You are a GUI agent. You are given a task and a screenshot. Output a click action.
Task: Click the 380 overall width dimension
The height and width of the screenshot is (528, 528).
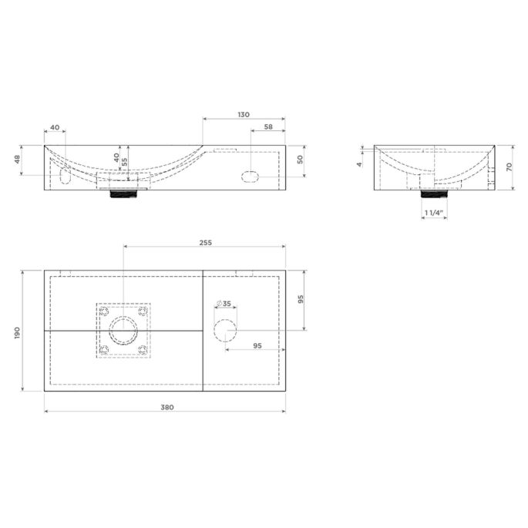pyautogui.click(x=167, y=408)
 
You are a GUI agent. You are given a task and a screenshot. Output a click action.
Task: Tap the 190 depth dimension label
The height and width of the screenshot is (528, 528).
pyautogui.click(x=18, y=333)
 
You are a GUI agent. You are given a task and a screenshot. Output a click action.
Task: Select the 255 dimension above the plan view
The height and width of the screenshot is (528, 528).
pyautogui.click(x=205, y=243)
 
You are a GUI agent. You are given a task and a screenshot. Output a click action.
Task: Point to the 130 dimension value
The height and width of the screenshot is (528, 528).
pyautogui.click(x=244, y=115)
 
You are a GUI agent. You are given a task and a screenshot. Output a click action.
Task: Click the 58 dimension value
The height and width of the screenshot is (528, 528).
pyautogui.click(x=268, y=127)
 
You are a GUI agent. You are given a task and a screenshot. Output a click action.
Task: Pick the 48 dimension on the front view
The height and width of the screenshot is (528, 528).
pyautogui.click(x=18, y=159)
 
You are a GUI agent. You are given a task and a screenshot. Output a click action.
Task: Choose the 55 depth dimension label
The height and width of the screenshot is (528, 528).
pyautogui.click(x=125, y=162)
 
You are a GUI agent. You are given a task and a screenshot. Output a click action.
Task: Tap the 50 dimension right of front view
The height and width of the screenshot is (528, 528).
pyautogui.click(x=300, y=160)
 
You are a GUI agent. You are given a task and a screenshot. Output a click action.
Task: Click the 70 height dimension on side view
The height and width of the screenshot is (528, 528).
pyautogui.click(x=509, y=166)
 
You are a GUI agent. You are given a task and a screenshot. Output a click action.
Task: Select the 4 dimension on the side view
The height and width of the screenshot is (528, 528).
pyautogui.click(x=360, y=164)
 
